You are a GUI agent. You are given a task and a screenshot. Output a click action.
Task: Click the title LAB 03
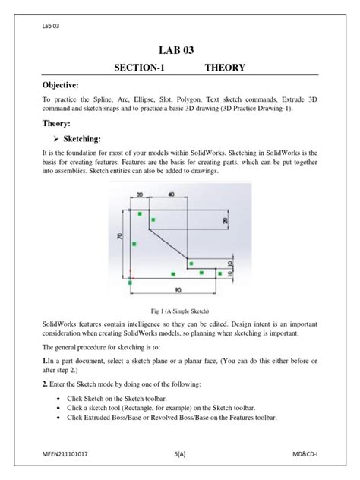tap(180, 50)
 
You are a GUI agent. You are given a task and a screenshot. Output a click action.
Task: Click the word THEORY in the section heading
tap(224, 68)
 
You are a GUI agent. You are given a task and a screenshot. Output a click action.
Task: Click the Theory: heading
tap(58, 122)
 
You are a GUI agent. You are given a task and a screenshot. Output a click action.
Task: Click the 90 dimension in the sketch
tap(177, 289)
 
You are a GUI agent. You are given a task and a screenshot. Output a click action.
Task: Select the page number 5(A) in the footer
tap(180, 453)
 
